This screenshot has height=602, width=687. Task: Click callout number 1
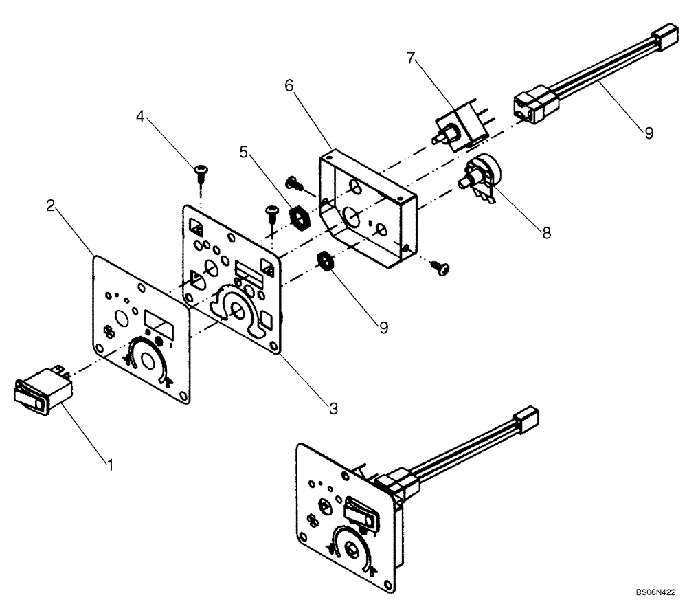109,465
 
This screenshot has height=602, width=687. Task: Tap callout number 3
333,409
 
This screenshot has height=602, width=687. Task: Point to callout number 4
140,117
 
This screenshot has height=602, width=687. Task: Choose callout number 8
546,233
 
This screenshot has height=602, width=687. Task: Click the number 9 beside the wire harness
649,133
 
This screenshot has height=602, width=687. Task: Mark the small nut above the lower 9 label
324,261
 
